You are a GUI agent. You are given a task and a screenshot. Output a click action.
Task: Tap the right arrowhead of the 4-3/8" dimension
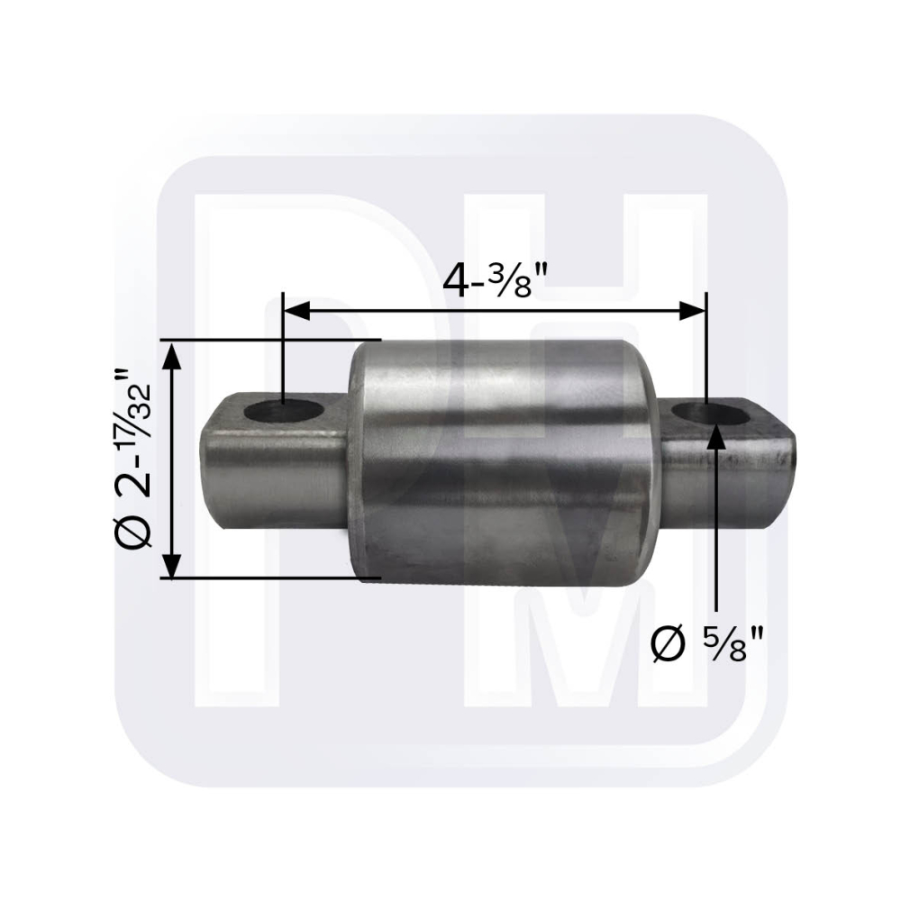692,311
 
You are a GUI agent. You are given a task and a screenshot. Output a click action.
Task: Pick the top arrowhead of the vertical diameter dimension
172,354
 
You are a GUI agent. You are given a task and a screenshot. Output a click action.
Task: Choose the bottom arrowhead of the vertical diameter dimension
172,564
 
